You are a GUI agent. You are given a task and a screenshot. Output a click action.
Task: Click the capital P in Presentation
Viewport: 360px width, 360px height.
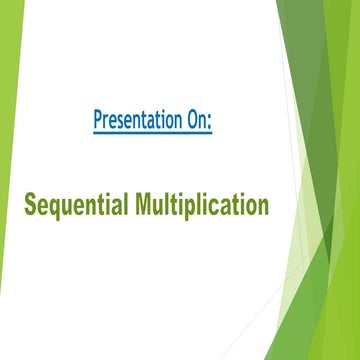pyautogui.click(x=98, y=121)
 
